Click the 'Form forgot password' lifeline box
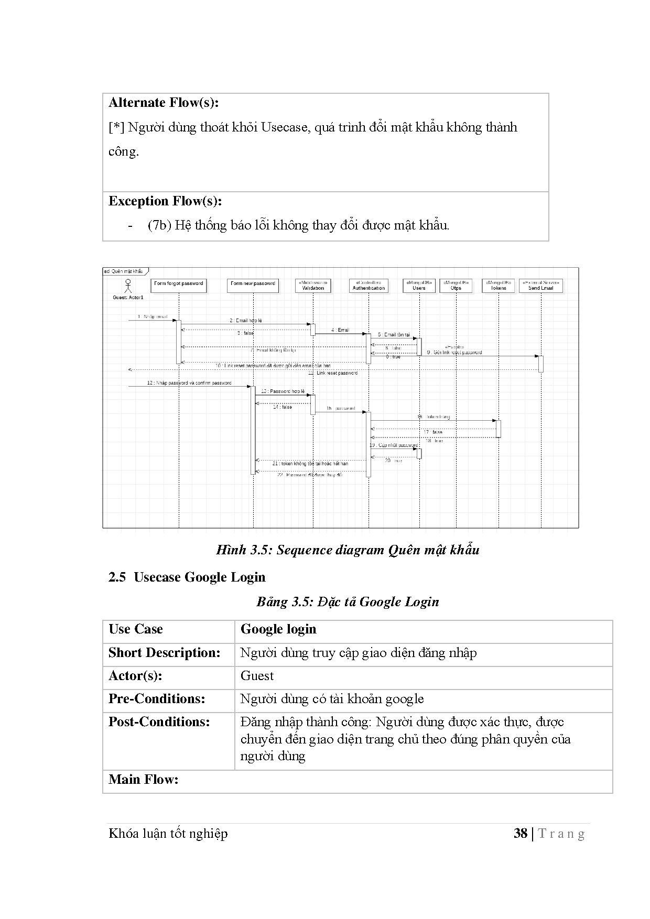tap(179, 286)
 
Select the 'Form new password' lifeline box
tap(253, 286)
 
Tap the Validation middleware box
tap(313, 286)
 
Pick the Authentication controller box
tap(369, 286)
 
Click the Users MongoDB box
tap(419, 286)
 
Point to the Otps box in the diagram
tap(456, 286)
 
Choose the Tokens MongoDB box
tap(498, 286)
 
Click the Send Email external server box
tap(541, 286)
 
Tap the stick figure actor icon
tap(127, 286)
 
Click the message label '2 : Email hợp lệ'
tap(245, 320)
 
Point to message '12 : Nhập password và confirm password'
tap(189, 383)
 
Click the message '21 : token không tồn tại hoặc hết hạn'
tap(310, 464)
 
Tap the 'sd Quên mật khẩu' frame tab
tap(124, 271)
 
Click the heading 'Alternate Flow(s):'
tap(164, 103)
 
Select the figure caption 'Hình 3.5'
tap(348, 550)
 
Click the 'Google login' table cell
tap(278, 629)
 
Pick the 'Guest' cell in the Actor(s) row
tap(257, 676)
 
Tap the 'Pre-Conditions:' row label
tap(157, 699)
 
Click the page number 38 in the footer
tap(520, 833)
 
